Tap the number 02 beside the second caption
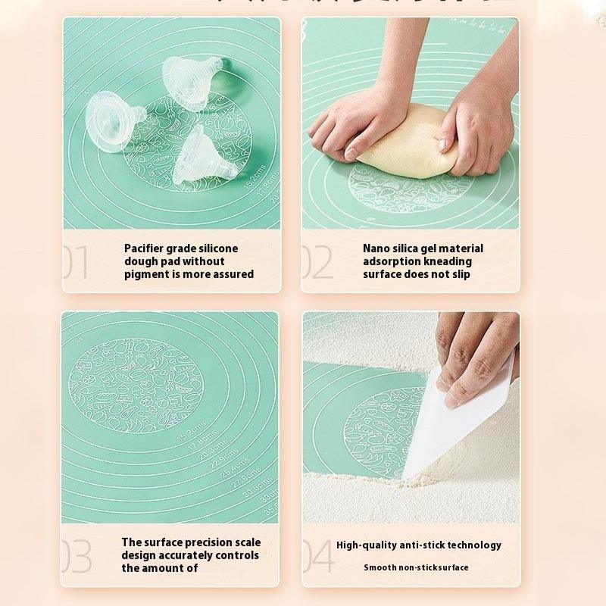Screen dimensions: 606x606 (317, 261)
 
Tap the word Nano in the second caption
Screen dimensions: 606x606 (376, 248)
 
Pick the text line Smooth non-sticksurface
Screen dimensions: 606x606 (416, 567)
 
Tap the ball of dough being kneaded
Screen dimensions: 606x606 (409, 144)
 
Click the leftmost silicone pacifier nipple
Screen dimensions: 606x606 (114, 120)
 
